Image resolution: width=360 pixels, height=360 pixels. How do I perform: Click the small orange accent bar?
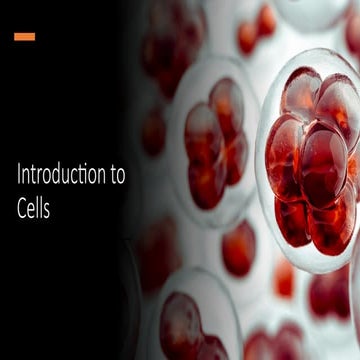(25, 37)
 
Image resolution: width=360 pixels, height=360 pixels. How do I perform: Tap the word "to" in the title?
(118, 177)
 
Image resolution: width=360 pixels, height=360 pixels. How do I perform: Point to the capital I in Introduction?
(19, 176)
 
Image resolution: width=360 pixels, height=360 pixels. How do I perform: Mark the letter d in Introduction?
(58, 176)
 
